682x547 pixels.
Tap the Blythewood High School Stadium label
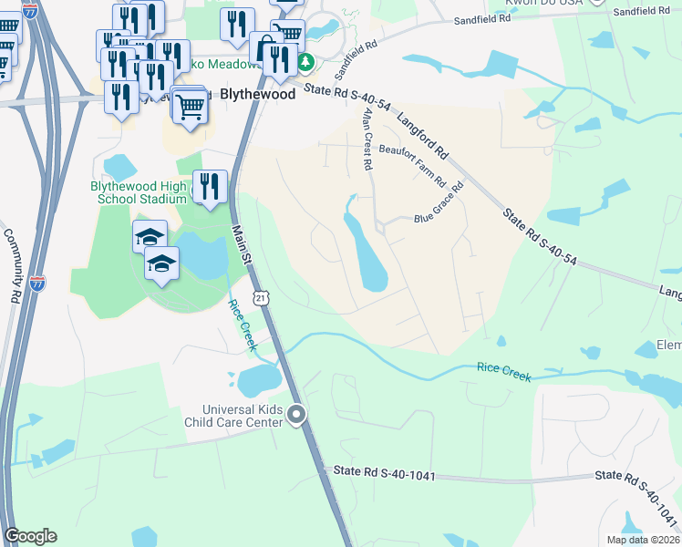pyautogui.click(x=139, y=192)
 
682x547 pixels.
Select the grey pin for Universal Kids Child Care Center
pyautogui.click(x=296, y=415)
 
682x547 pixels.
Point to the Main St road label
pyautogui.click(x=241, y=246)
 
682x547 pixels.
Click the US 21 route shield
pyautogui.click(x=262, y=298)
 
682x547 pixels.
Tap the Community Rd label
pyautogui.click(x=14, y=265)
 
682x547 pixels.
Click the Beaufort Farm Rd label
pyautogui.click(x=411, y=165)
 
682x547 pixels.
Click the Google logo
pyautogui.click(x=30, y=536)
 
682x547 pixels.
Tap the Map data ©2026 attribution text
pyautogui.click(x=643, y=540)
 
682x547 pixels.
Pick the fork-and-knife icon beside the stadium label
pyautogui.click(x=211, y=187)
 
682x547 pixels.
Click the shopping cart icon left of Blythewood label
pyautogui.click(x=190, y=106)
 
